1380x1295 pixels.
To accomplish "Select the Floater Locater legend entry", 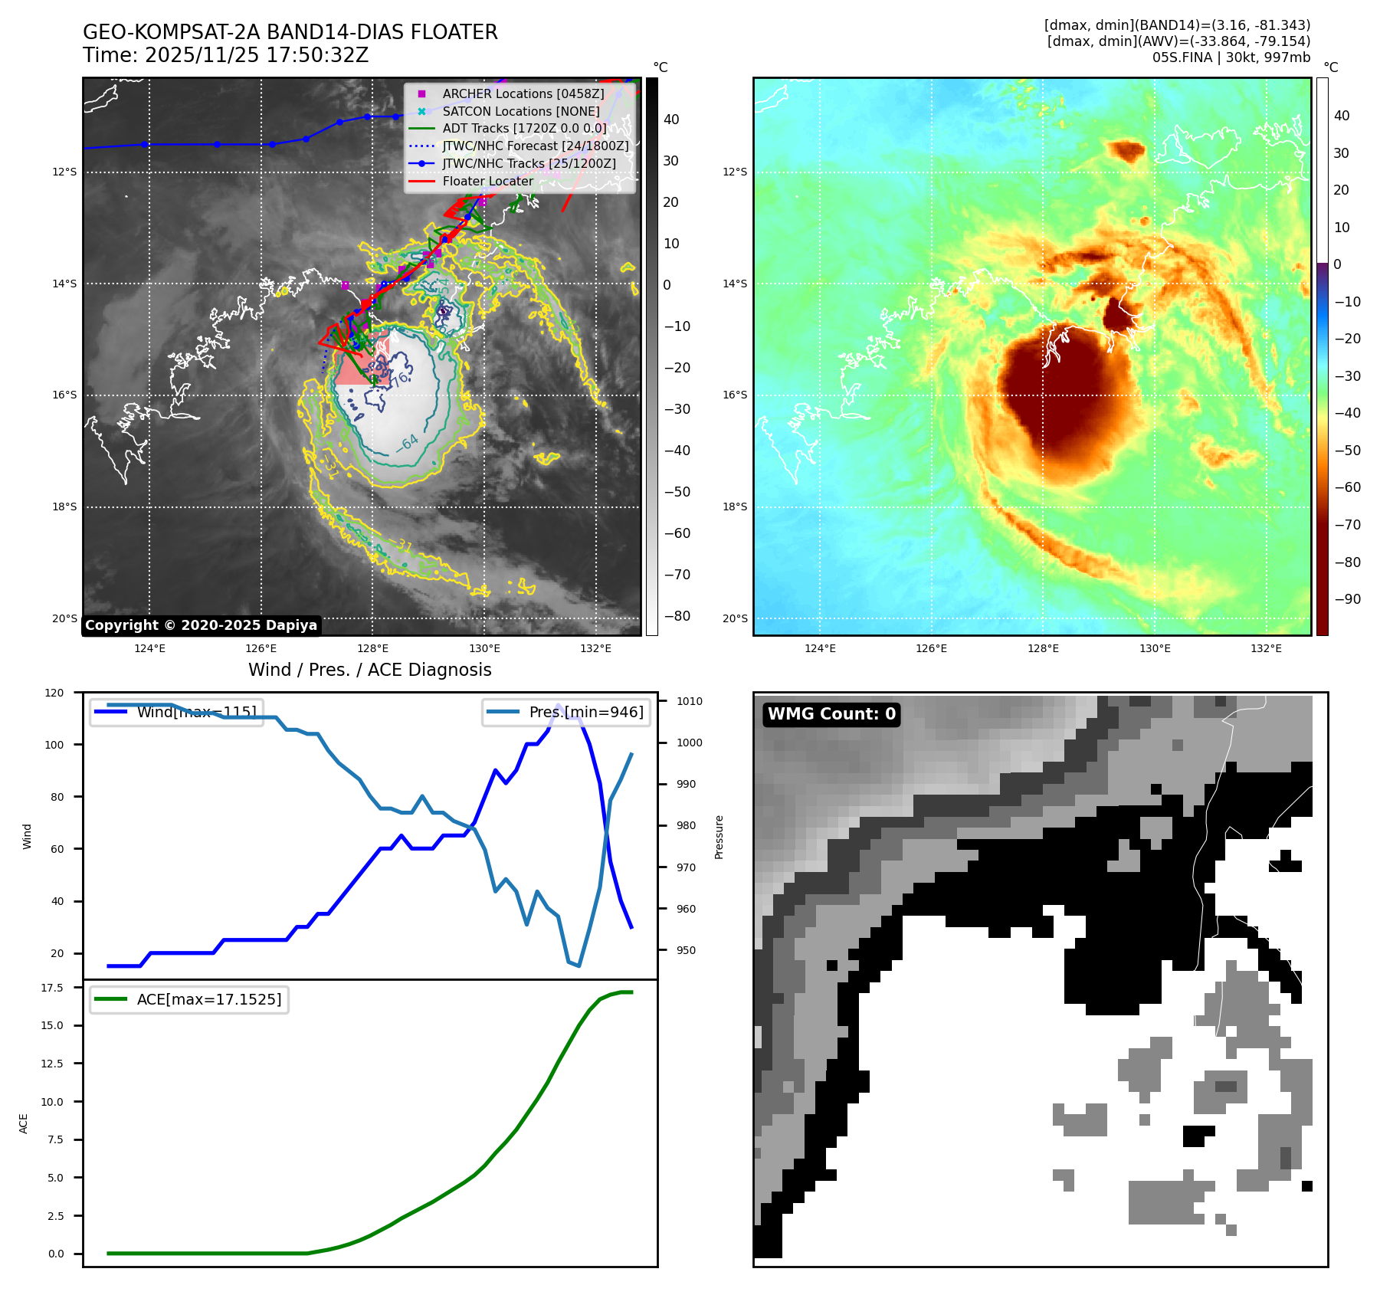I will coord(487,181).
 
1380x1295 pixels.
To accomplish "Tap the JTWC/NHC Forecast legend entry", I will coord(535,146).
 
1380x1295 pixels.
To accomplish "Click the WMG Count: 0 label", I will coord(831,714).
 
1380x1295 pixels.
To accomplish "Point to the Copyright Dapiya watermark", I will coord(201,625).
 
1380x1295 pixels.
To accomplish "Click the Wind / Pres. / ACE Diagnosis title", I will coord(370,670).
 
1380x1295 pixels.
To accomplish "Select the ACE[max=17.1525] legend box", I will coord(188,999).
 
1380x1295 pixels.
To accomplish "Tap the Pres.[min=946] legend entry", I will coord(567,712).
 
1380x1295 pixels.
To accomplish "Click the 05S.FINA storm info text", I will coord(1231,57).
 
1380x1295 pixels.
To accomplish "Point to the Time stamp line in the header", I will coord(225,55).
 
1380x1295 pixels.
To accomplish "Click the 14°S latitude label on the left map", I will coord(64,284).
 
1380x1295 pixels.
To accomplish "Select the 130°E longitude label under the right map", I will coord(1155,648).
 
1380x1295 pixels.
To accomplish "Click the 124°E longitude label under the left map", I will coord(149,648).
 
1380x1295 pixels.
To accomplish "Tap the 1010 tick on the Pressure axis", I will coord(690,701).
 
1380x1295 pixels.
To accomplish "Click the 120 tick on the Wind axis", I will coord(54,693).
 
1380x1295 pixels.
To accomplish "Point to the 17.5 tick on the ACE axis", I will coord(52,988).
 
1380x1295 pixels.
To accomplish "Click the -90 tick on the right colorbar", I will coord(1347,599).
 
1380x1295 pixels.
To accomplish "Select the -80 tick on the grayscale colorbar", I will coord(677,616).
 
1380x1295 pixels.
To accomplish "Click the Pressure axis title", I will coord(719,837).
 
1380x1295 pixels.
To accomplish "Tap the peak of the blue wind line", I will coord(558,704).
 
